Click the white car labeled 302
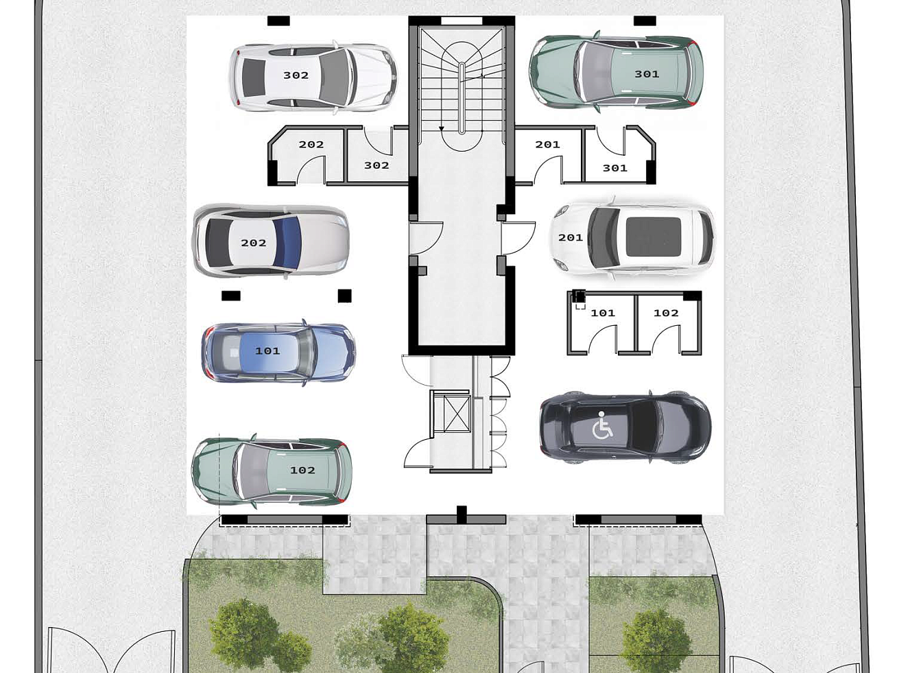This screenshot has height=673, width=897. point(313,76)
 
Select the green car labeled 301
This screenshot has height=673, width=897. point(617,72)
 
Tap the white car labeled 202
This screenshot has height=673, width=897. point(270,241)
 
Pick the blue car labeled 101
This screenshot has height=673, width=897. point(278,352)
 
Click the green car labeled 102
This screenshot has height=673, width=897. point(272,471)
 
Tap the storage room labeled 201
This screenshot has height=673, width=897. point(549,155)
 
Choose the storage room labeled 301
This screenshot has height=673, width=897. point(619,155)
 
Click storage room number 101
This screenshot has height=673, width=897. point(601,323)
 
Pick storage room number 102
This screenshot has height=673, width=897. point(669,323)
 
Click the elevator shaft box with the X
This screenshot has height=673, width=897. point(457,414)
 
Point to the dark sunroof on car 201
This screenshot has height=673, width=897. point(654,237)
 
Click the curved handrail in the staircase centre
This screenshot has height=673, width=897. point(462,98)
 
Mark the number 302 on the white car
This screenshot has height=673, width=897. point(296,75)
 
